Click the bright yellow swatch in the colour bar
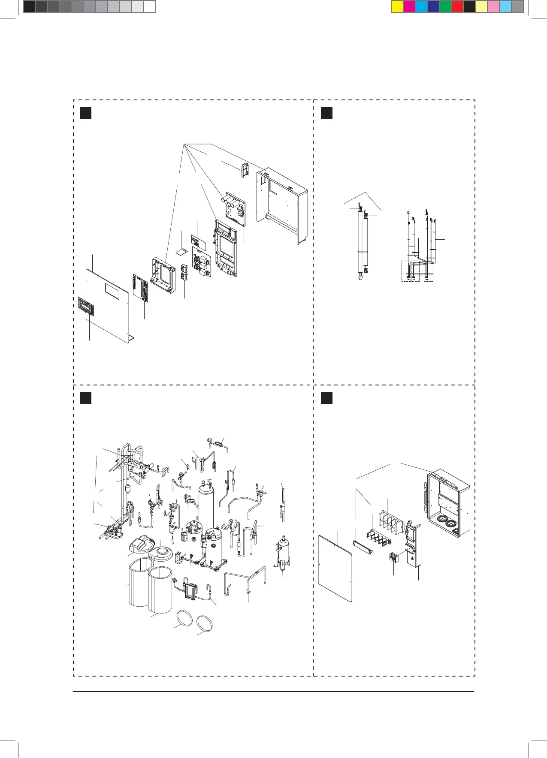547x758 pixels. coord(397,7)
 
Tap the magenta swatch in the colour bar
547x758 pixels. coord(409,7)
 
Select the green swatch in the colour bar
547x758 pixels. coord(445,7)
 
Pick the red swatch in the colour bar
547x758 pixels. coord(457,7)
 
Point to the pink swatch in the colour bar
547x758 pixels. coord(493,7)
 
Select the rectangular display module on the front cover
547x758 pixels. coord(86,306)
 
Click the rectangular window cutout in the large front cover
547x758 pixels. coord(113,292)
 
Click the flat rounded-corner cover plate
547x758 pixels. coord(335,568)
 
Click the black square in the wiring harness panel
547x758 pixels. coord(326,113)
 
